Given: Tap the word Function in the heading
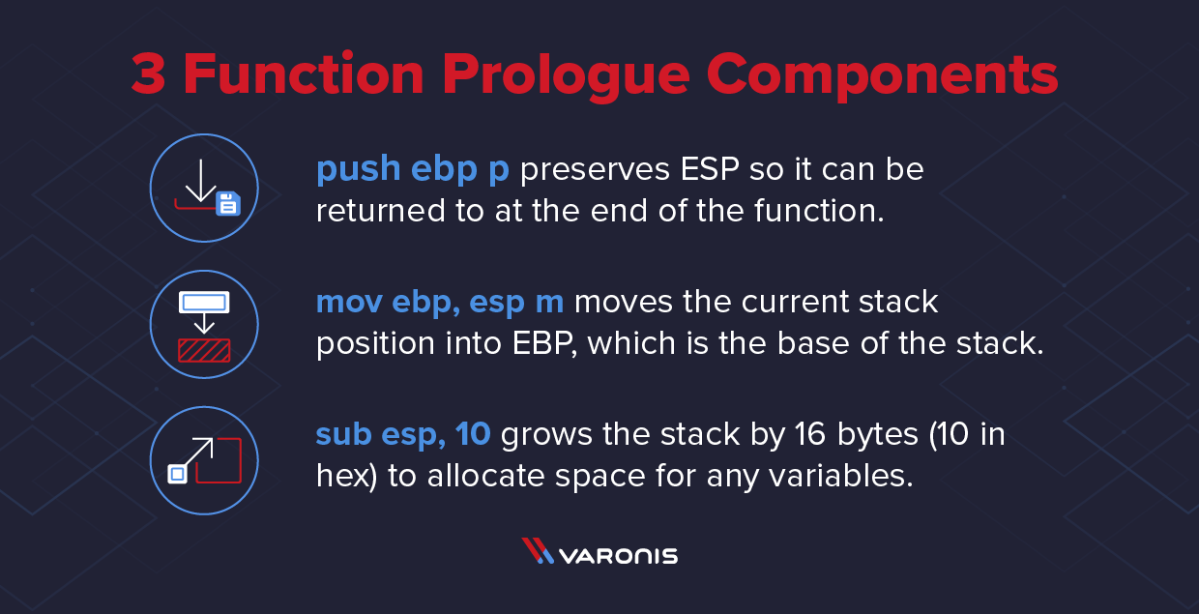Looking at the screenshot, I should [x=303, y=75].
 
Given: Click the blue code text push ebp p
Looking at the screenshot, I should [x=413, y=170].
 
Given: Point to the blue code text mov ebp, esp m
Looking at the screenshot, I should [x=440, y=303].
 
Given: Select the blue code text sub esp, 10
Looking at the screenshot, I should [x=403, y=435].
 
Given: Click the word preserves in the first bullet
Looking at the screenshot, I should [x=589, y=170].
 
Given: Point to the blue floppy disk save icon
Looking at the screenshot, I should [x=228, y=203].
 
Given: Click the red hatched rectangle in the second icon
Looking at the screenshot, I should [x=204, y=349].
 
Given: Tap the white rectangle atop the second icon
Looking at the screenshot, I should [x=204, y=303].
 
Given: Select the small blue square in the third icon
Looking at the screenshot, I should [x=177, y=474].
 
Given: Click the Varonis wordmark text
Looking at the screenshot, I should [x=619, y=556].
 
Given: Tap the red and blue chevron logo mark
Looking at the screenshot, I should [x=537, y=551].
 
